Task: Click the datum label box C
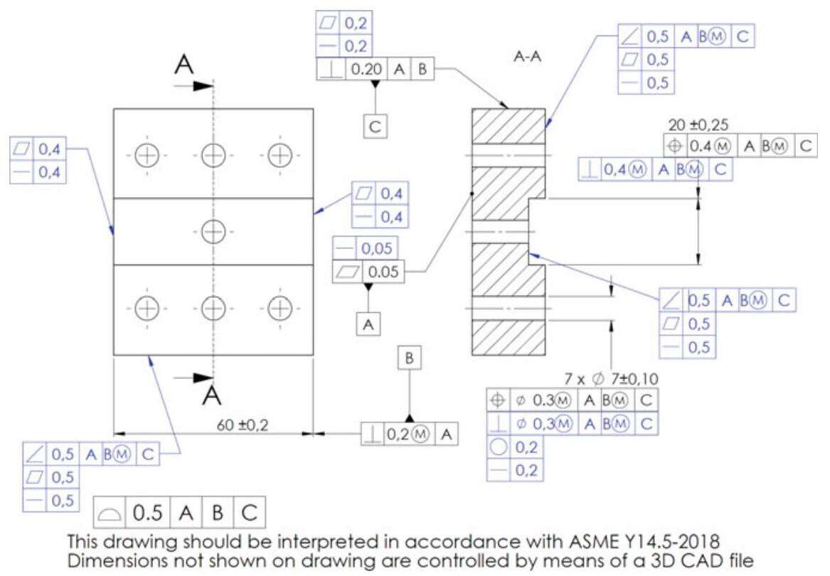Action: [375, 126]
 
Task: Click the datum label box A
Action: [368, 324]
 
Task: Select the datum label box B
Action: [409, 360]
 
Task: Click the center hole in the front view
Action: [213, 230]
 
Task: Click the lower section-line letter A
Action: [211, 393]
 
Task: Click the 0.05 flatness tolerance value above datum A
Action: [382, 271]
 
